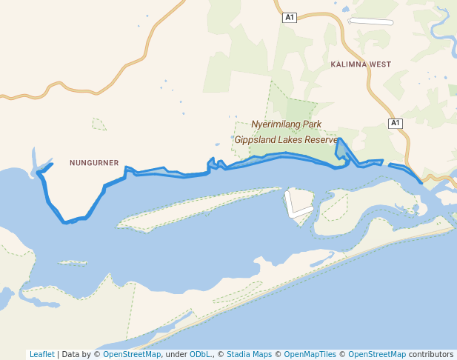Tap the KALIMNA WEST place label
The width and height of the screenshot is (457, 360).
[361, 64]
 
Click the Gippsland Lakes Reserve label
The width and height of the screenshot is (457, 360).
[286, 139]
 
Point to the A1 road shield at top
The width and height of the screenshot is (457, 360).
[290, 17]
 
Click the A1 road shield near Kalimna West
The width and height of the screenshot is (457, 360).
[396, 123]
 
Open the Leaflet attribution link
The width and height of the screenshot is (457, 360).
[41, 354]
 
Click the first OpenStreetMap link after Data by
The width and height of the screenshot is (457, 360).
[132, 354]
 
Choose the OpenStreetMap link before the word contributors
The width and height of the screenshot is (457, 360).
[377, 354]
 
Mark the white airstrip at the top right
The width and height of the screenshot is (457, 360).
[370, 21]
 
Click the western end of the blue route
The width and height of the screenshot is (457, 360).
[39, 173]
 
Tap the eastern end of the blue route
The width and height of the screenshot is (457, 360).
[421, 181]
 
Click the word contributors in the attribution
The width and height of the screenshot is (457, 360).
[431, 354]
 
